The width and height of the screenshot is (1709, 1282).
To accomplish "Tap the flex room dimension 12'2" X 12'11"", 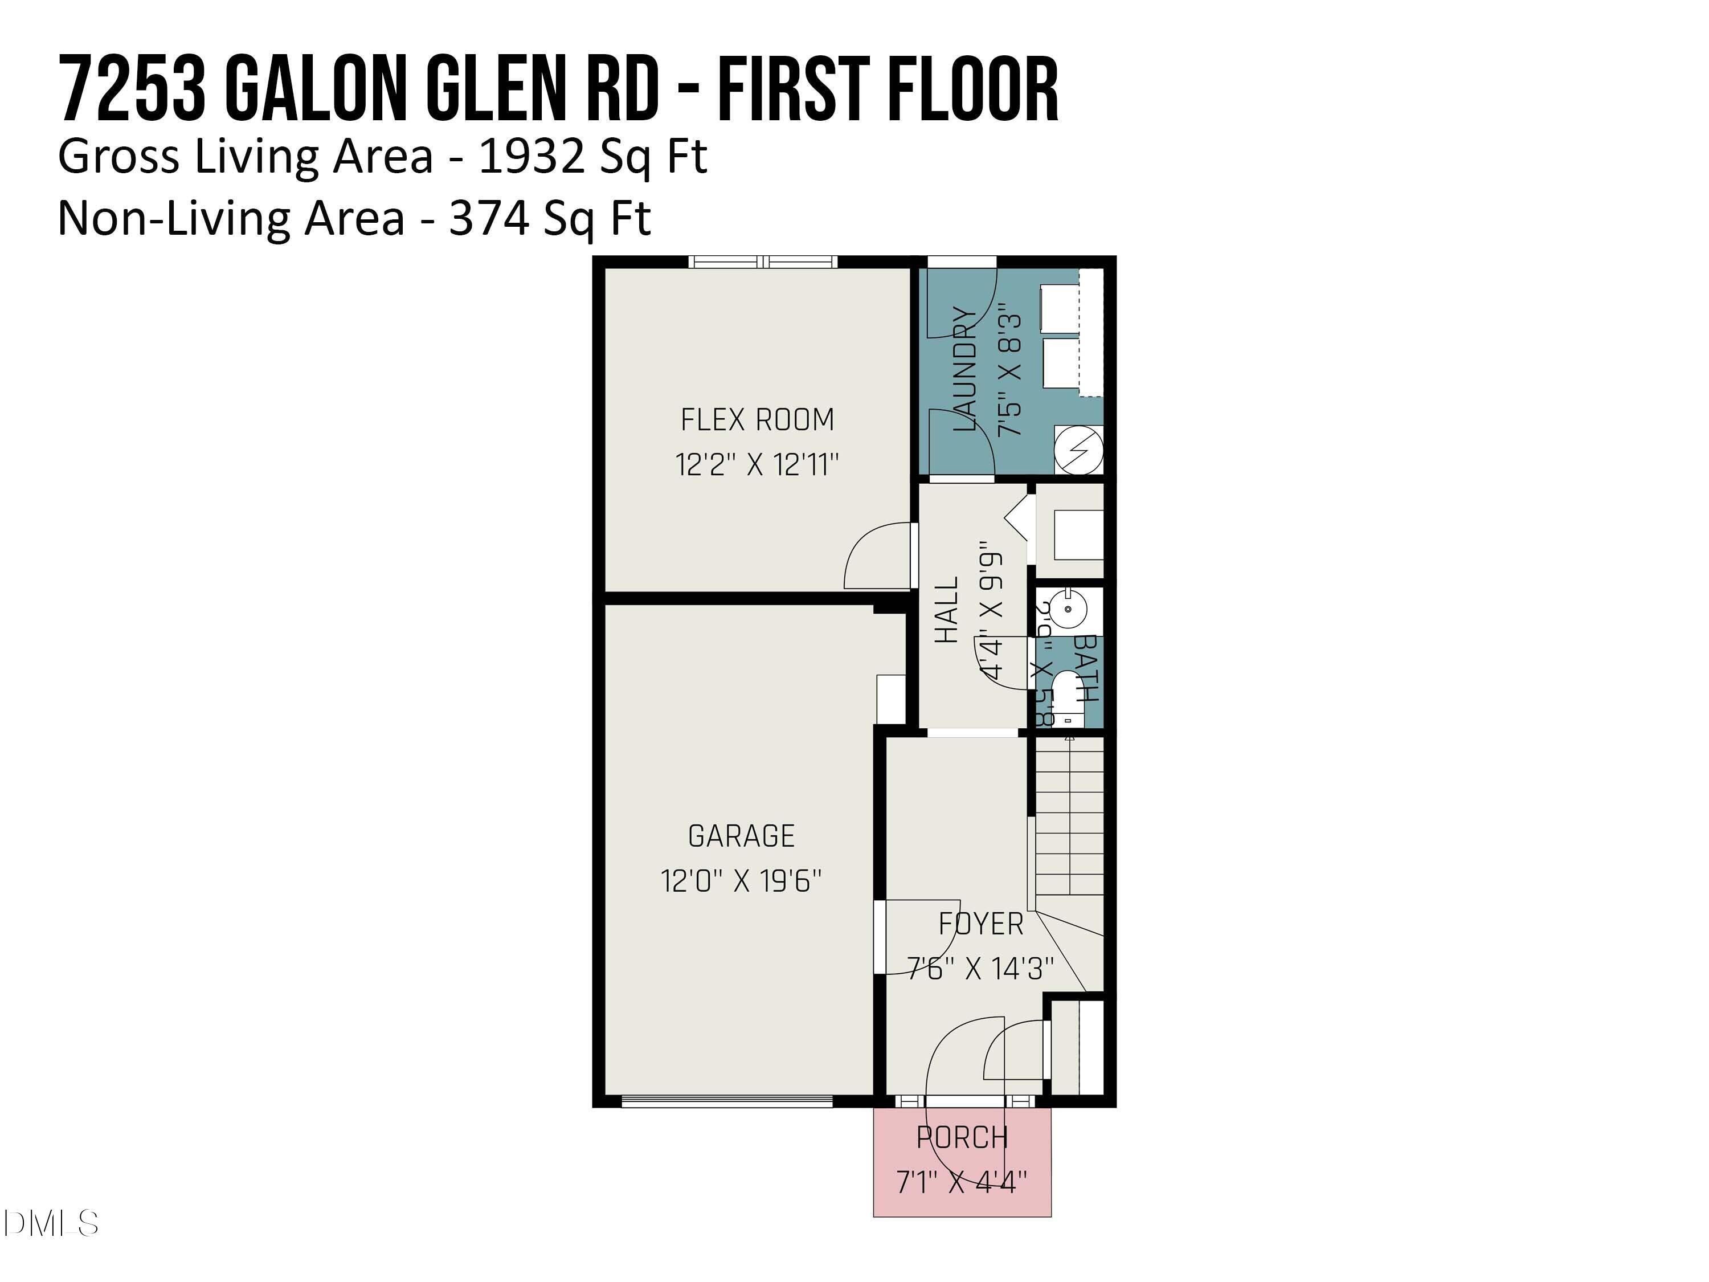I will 757,465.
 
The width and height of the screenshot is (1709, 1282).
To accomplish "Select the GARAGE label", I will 741,836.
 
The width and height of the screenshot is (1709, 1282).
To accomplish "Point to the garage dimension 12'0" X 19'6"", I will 741,881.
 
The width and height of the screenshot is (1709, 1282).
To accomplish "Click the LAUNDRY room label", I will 965,369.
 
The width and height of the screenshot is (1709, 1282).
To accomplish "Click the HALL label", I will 947,610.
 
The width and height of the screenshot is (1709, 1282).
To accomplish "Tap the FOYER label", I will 980,924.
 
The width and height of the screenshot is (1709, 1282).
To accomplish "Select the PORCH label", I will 962,1137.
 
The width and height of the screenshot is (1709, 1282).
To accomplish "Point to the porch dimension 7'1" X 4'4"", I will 962,1182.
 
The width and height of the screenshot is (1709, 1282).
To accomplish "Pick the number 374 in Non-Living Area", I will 488,219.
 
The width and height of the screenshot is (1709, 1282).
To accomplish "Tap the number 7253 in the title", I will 133,89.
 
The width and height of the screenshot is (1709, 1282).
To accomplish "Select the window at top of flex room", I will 763,262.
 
